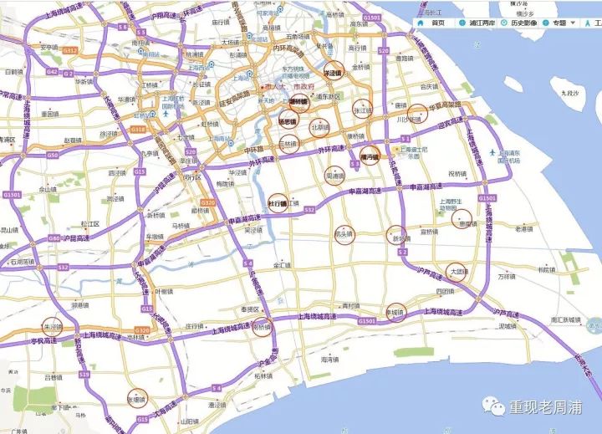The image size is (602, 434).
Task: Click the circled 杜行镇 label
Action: [277, 203]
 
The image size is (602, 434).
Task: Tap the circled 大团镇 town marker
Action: [457, 271]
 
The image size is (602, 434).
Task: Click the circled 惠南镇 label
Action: [462, 222]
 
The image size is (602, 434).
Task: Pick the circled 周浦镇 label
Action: [334, 176]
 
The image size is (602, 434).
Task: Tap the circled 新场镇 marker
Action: [397, 237]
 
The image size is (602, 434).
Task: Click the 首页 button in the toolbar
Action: [433, 23]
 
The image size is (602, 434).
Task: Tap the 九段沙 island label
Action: [572, 93]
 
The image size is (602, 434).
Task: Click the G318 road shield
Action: [139, 130]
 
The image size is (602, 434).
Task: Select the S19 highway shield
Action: [85, 375]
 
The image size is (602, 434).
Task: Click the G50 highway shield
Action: [53, 156]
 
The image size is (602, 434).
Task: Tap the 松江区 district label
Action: [90, 225]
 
